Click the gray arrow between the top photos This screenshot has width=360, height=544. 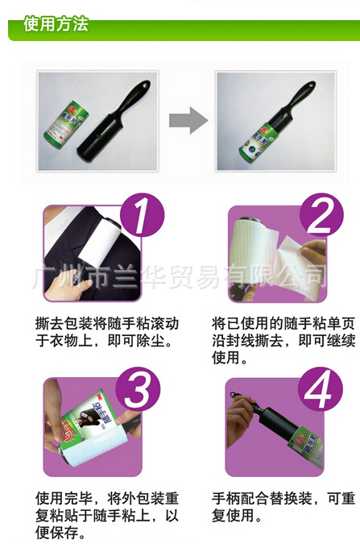click(188, 121)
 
